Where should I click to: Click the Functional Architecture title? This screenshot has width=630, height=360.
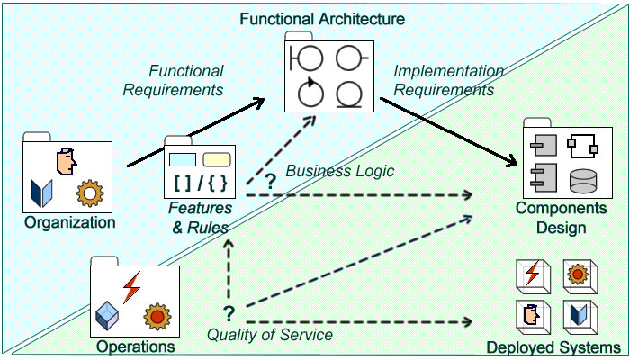322,19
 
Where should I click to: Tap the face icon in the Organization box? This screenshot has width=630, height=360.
67,161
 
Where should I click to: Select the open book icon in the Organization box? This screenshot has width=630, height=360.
41,193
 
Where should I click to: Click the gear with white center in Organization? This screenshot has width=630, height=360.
90,193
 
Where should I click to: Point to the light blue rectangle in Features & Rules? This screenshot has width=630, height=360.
183,159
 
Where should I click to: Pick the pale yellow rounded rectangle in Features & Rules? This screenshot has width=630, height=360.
217,159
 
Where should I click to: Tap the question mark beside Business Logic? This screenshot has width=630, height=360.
271,182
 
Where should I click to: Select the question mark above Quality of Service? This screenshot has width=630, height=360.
229,314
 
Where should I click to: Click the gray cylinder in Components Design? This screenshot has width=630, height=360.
583,181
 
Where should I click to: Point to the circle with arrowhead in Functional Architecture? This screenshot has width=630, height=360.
311,92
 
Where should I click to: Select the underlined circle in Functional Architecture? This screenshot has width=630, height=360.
349,94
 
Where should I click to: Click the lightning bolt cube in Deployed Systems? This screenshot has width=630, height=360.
533,276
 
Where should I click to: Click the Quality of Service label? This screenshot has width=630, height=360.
270,335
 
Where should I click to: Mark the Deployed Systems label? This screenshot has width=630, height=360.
553,348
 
